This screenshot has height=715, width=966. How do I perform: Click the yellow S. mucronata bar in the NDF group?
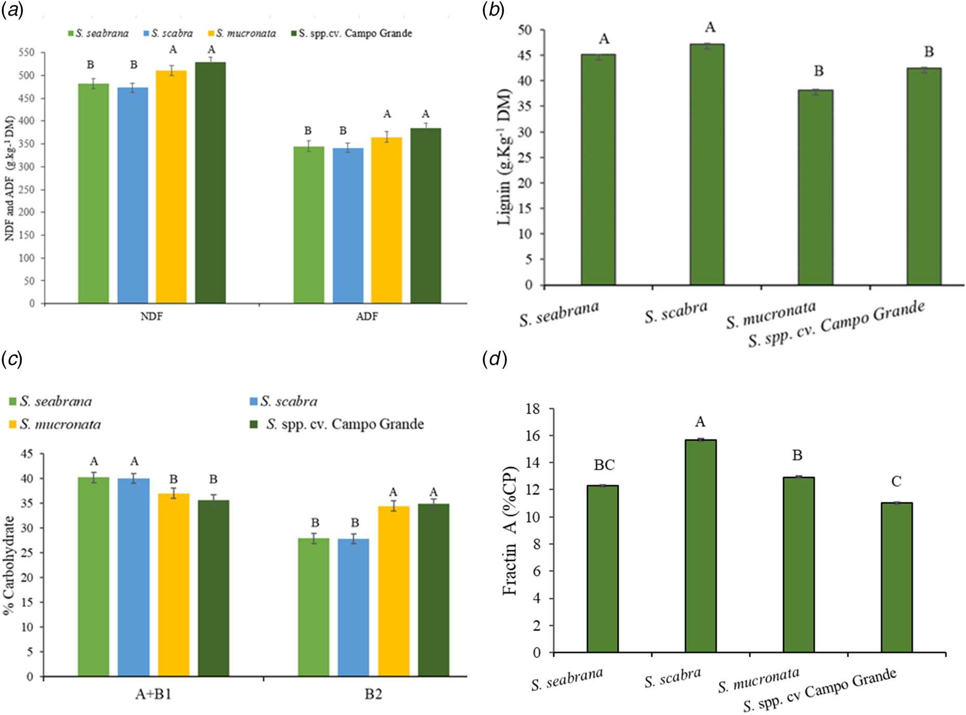pyautogui.click(x=171, y=187)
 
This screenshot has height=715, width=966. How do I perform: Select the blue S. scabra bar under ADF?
pyautogui.click(x=348, y=226)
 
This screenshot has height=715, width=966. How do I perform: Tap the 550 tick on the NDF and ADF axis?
pyautogui.click(x=27, y=52)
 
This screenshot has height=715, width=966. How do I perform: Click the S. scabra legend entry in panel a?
pyautogui.click(x=167, y=34)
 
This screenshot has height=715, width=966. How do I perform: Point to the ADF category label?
pyautogui.click(x=367, y=316)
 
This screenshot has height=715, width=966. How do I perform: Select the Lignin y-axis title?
pyautogui.click(x=504, y=157)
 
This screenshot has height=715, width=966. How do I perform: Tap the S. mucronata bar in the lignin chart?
pyautogui.click(x=815, y=188)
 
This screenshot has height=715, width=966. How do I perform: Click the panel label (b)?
pyautogui.click(x=493, y=10)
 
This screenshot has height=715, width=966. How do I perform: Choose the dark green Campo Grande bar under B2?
pyautogui.click(x=434, y=590)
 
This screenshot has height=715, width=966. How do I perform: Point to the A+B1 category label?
pyautogui.click(x=153, y=694)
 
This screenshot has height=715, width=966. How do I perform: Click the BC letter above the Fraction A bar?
pyautogui.click(x=604, y=465)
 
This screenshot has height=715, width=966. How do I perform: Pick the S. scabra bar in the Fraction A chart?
pyautogui.click(x=700, y=546)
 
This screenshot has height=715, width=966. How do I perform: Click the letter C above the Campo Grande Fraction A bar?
pyautogui.click(x=896, y=482)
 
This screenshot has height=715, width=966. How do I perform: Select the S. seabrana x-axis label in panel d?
pyautogui.click(x=567, y=680)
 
